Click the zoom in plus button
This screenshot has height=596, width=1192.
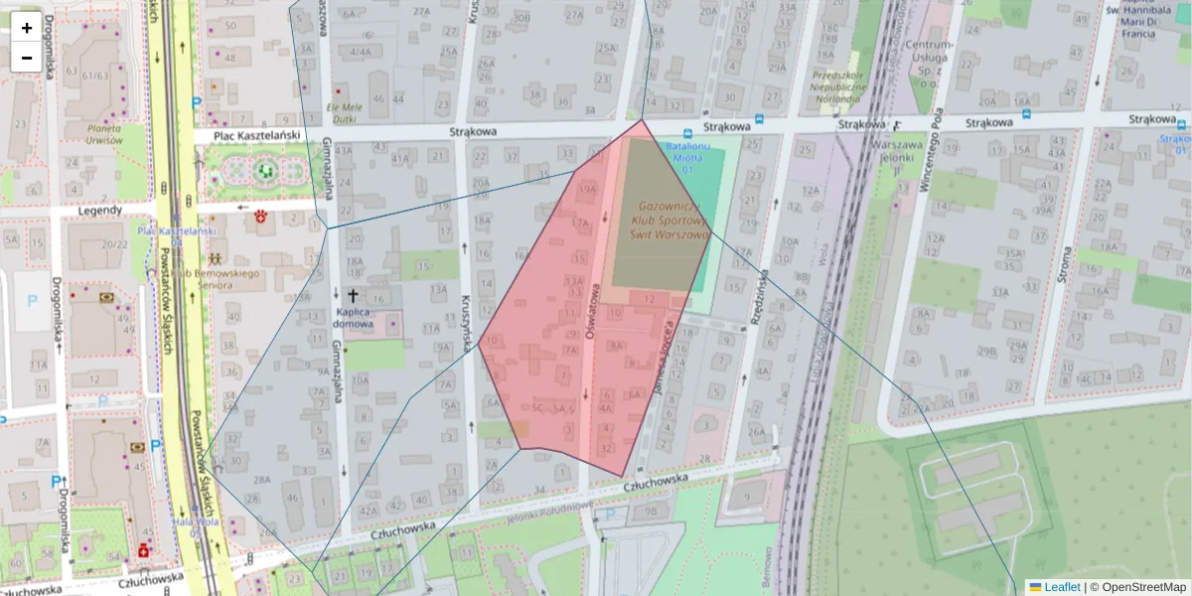(27, 28)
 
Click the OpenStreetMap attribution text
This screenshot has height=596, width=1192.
(1143, 587)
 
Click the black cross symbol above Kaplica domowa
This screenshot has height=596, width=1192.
(353, 295)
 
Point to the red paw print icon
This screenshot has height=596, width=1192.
(262, 215)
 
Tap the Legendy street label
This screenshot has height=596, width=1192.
(99, 211)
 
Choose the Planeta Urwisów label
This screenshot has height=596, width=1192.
(117, 134)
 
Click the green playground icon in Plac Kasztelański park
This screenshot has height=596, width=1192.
(266, 170)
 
